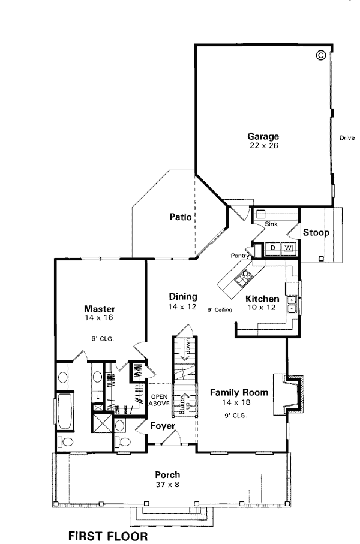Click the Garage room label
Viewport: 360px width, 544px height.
pos(263,136)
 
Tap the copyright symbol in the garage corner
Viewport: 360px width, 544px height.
pos(321,55)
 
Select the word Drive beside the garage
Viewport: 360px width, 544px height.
pos(347,138)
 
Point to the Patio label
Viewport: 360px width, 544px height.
pos(181,217)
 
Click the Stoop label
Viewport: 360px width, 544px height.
pos(316,232)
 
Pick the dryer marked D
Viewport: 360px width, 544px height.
pos(273,248)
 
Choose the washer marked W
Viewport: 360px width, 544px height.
pos(288,248)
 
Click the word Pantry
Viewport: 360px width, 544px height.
pos(240,256)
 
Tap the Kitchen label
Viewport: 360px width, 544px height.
pos(262,299)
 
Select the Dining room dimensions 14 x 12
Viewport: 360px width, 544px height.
pos(182,306)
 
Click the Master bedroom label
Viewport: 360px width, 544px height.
pos(100,309)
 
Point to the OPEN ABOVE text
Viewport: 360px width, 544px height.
pos(159,400)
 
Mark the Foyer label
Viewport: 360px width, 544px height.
pos(163,426)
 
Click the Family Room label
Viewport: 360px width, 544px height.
pos(239,392)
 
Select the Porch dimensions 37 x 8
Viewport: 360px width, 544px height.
pos(167,485)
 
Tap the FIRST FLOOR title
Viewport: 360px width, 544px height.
pos(108,536)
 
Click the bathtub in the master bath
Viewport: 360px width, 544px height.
pos(65,411)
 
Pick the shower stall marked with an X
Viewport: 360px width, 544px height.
pos(101,423)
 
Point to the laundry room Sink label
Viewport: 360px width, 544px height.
pos(271,224)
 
